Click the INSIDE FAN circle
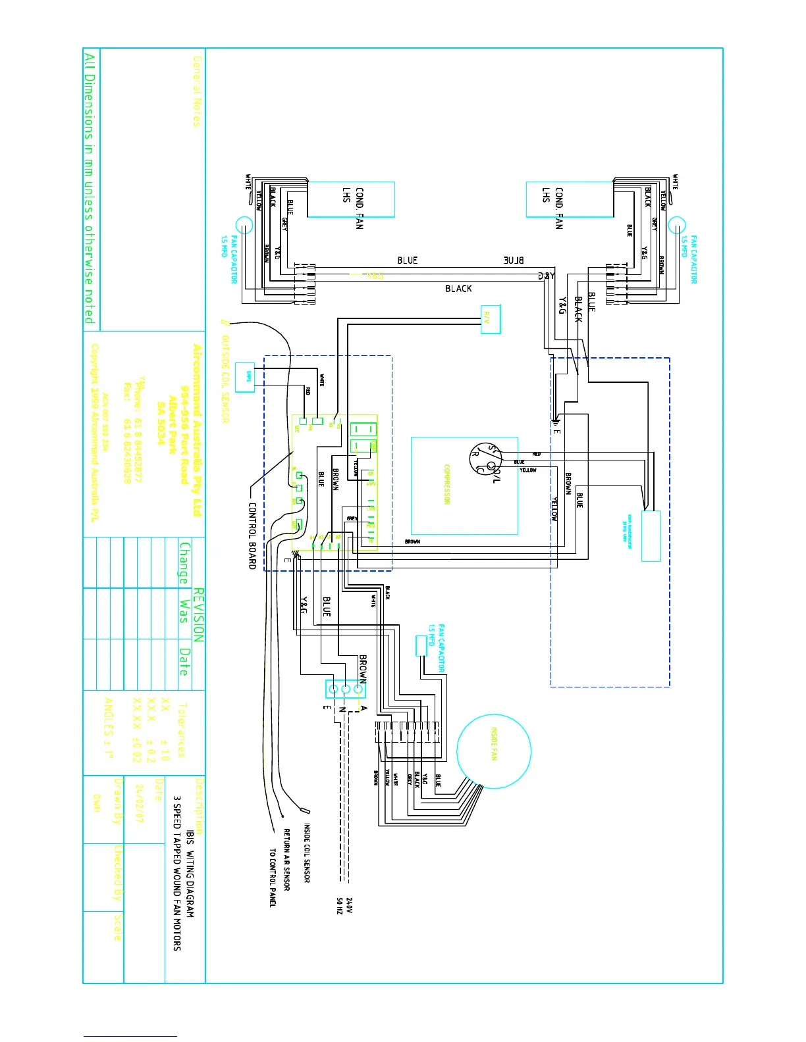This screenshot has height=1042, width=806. pyautogui.click(x=493, y=751)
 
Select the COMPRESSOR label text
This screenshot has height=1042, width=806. pyautogui.click(x=447, y=485)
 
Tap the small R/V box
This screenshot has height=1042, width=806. pyautogui.click(x=490, y=319)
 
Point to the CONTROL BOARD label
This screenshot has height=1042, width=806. pyautogui.click(x=252, y=535)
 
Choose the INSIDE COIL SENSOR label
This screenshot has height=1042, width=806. pyautogui.click(x=307, y=853)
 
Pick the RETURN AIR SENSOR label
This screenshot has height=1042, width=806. pyautogui.click(x=287, y=859)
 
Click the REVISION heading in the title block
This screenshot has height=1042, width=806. pyautogui.click(x=198, y=615)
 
